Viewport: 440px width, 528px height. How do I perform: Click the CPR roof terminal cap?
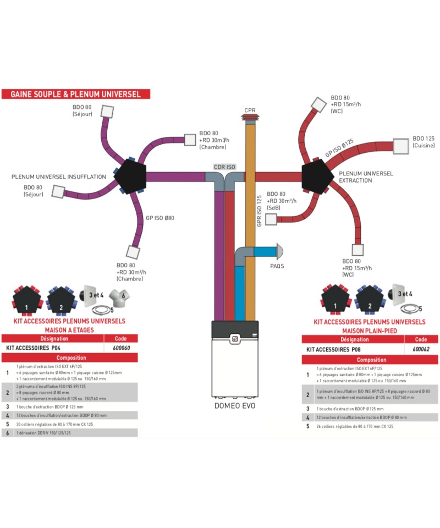[x=250, y=118]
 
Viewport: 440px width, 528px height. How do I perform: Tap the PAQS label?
[x=277, y=266]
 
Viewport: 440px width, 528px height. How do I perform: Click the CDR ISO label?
[x=224, y=166]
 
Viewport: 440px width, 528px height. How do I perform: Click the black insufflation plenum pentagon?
[x=130, y=176]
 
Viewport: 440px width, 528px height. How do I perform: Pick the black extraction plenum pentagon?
[x=318, y=176]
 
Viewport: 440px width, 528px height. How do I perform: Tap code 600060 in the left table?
[x=121, y=348]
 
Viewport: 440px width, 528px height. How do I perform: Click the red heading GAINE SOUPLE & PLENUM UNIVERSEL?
[x=75, y=94]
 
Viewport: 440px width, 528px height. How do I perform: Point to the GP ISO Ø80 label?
[x=160, y=218]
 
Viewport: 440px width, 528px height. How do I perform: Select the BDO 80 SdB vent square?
[x=271, y=219]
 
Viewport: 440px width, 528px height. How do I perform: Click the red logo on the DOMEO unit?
[x=234, y=339]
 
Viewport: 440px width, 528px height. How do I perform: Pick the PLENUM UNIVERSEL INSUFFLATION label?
[x=59, y=177]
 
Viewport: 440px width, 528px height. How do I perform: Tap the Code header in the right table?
[x=421, y=339]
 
